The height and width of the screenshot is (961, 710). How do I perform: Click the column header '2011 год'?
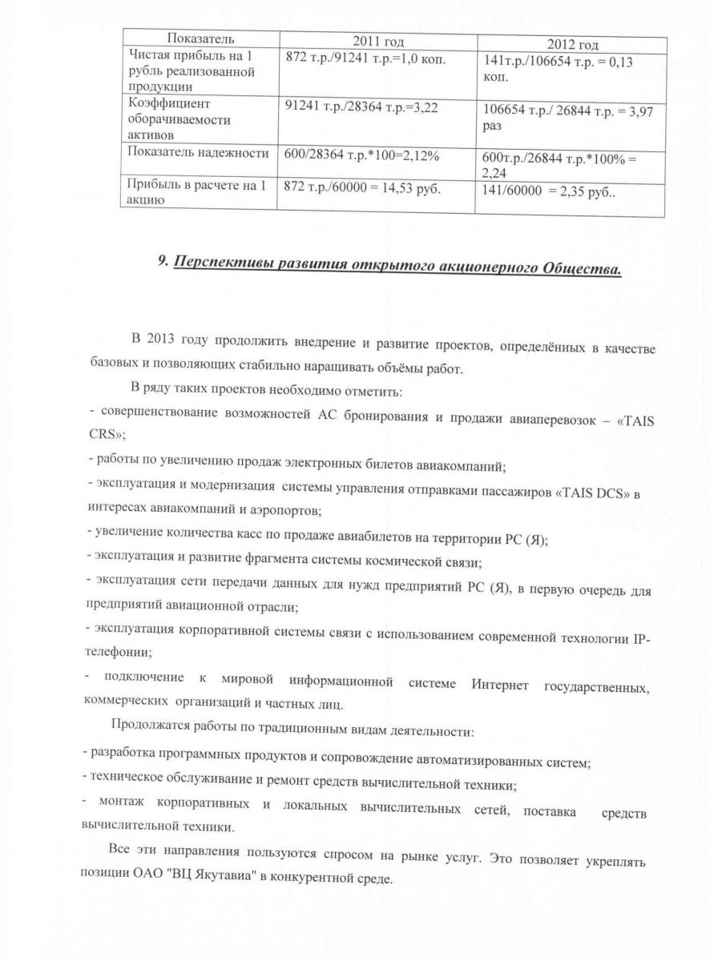pyautogui.click(x=377, y=41)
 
